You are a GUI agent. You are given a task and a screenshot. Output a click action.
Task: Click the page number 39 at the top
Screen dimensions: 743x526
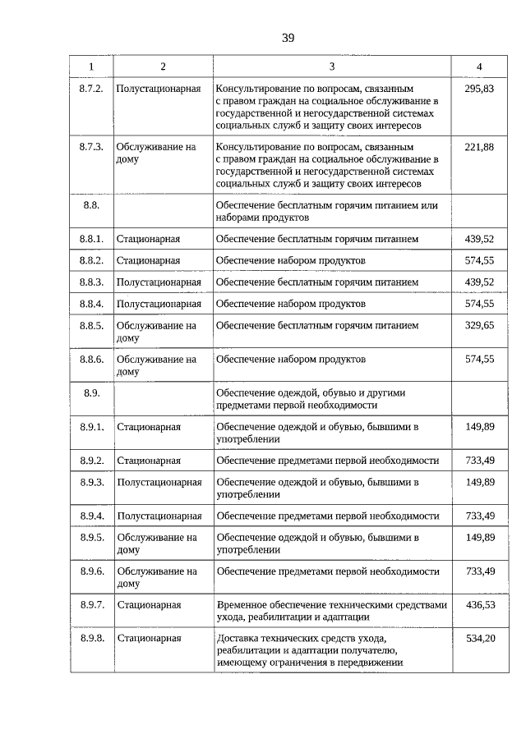click(287, 38)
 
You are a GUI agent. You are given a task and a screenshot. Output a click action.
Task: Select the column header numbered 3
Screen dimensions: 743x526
click(331, 66)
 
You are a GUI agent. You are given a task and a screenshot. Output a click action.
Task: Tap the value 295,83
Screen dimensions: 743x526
click(479, 88)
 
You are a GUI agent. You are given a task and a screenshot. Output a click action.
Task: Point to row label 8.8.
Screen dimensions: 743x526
click(91, 204)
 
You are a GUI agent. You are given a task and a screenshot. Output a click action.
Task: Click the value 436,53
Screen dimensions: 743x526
click(479, 604)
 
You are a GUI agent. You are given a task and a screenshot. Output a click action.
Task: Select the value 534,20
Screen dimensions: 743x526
click(479, 638)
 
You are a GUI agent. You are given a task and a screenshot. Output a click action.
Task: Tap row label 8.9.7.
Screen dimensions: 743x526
click(91, 604)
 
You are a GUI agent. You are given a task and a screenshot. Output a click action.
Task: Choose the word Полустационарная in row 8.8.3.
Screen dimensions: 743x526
click(159, 282)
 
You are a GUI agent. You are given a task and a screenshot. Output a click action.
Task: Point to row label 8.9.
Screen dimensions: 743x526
click(91, 393)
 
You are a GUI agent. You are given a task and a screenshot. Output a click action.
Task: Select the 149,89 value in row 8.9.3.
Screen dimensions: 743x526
click(479, 482)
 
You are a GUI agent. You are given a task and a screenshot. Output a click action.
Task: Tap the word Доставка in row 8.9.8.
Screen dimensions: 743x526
click(237, 638)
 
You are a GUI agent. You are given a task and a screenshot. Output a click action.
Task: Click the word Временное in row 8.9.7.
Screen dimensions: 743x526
click(243, 604)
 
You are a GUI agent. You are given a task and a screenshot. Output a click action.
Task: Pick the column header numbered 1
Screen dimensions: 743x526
click(91, 66)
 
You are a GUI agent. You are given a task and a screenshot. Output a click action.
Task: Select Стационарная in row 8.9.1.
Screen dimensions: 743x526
click(149, 427)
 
